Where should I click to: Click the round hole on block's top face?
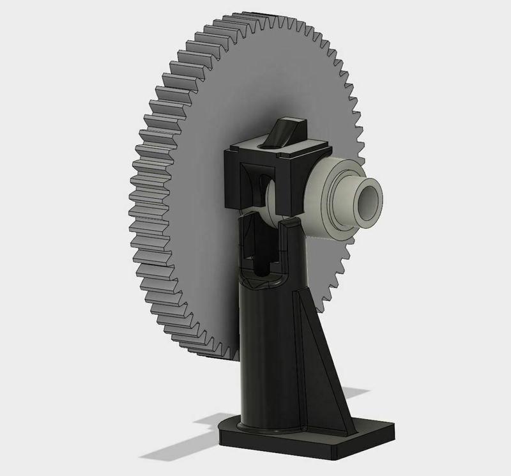coord(264,146)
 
